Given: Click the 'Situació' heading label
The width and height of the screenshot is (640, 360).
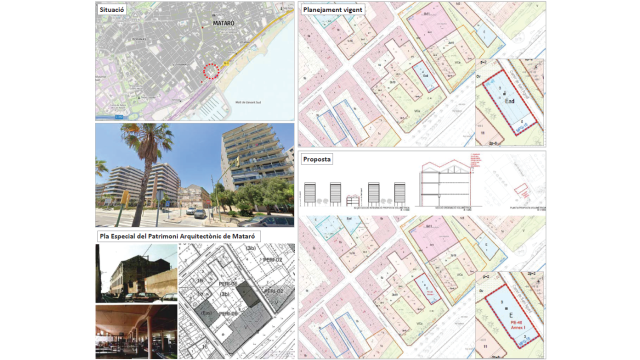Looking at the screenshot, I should point(111,9).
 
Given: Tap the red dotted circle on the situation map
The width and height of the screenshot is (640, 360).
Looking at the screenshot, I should point(211,71).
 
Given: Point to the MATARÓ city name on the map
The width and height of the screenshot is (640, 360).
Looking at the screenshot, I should point(223,23).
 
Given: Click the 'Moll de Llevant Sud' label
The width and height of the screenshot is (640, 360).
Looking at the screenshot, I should point(248,102).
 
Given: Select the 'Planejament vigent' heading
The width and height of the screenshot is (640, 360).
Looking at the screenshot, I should point(332,9).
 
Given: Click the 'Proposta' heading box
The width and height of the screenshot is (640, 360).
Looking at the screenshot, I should point(316,159).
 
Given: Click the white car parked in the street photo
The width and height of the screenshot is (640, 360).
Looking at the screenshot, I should point(191,211).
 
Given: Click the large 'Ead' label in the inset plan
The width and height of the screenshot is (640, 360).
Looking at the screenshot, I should point(509,101).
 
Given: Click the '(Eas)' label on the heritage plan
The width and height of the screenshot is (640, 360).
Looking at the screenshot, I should point(206,312).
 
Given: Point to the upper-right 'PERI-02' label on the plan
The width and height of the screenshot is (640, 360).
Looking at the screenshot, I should point(273,260).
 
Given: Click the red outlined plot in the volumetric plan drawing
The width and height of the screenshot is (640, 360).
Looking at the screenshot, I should point(521,190).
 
